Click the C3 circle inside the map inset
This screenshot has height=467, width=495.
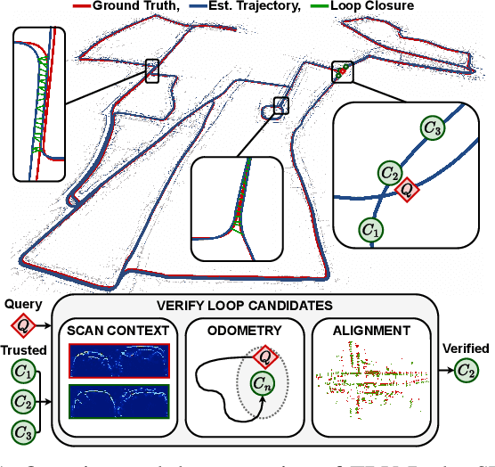click(x=434, y=129)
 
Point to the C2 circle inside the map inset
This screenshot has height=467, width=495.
click(x=389, y=172)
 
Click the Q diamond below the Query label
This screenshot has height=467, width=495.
click(x=23, y=324)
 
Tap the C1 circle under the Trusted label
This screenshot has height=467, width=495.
click(x=23, y=368)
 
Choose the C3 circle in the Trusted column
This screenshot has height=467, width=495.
click(x=23, y=432)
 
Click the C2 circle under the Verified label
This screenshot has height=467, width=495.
click(x=466, y=368)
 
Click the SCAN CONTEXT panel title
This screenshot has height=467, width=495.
click(x=119, y=332)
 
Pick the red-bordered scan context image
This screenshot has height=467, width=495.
click(x=119, y=361)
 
